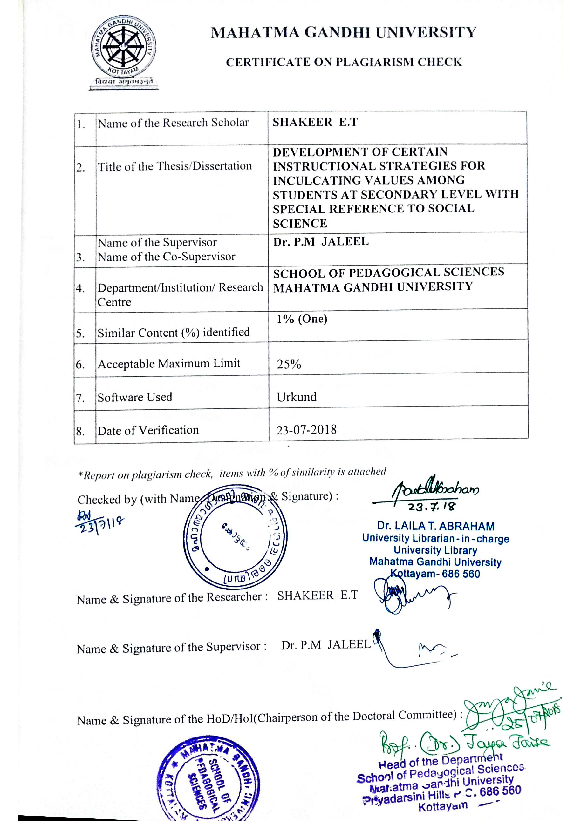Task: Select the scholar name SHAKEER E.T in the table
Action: (315, 122)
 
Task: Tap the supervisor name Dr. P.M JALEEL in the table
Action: (321, 242)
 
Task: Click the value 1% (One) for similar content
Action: (302, 319)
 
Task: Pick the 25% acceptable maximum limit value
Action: (289, 364)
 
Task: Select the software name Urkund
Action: (297, 397)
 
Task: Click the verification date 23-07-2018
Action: (307, 429)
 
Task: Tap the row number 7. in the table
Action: (80, 398)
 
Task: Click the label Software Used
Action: (135, 397)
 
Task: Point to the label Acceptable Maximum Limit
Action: (168, 364)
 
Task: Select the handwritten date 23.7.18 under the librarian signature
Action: (432, 507)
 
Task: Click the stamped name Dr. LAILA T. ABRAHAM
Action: (435, 526)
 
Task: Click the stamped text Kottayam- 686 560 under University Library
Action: (435, 574)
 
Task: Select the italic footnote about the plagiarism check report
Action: (232, 474)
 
